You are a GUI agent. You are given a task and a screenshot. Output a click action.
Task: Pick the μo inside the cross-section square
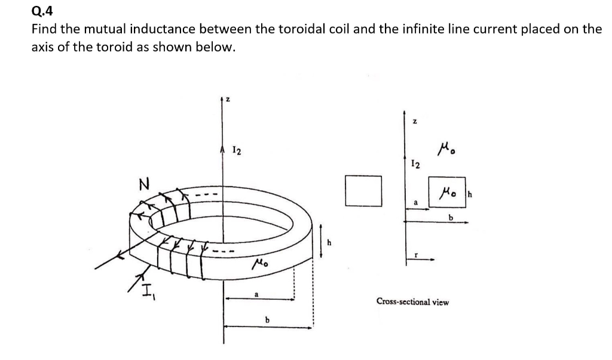pos(446,191)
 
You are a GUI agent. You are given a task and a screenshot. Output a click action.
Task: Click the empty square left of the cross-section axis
pos(363,191)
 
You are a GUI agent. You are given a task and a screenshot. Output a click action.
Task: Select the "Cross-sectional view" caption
pos(412,302)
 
